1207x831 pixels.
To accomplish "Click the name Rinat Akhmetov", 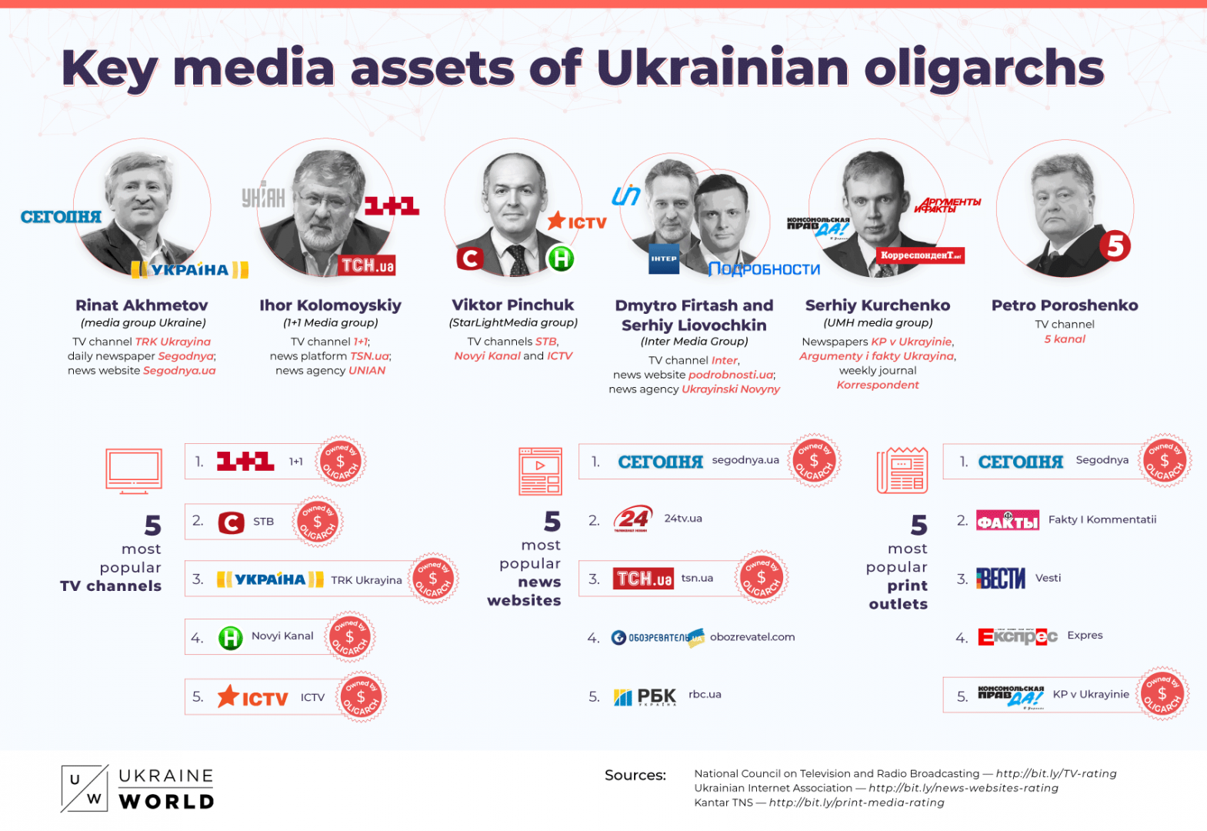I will (x=142, y=305).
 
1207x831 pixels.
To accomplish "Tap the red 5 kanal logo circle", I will (x=1115, y=246).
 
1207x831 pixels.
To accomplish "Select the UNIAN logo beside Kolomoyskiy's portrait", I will (x=263, y=197).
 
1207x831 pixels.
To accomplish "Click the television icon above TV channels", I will (x=134, y=470).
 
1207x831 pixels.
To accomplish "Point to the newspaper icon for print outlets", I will (x=902, y=470).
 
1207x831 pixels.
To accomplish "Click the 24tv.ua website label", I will (x=683, y=519).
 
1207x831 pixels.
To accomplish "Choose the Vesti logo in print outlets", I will (x=1001, y=578).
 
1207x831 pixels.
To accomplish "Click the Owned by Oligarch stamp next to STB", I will (x=317, y=522).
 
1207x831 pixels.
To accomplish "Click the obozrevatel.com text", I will (x=752, y=637).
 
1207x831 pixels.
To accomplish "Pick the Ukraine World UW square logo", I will (x=84, y=789).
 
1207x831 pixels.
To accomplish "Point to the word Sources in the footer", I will (x=635, y=775).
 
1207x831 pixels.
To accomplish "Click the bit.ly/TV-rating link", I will (x=1056, y=773).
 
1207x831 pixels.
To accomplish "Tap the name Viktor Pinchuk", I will (x=512, y=305).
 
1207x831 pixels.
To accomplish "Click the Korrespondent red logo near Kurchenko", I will (x=920, y=255).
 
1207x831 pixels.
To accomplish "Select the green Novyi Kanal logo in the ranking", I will (x=230, y=637).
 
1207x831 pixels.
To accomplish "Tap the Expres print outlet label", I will (x=1085, y=636).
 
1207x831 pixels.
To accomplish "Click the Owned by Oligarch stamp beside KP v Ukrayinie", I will (x=1162, y=693).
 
